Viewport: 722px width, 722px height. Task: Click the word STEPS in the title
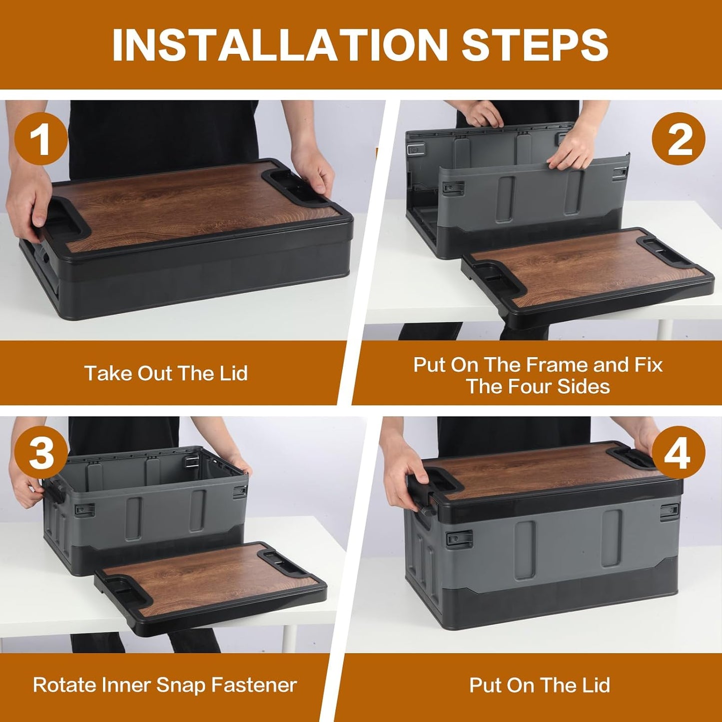(535, 44)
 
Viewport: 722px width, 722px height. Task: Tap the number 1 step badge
(41, 139)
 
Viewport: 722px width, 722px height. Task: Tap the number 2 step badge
(679, 139)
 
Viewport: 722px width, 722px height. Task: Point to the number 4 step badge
(679, 453)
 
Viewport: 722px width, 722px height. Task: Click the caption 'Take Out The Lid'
(166, 373)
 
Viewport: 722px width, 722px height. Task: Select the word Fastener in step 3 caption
(254, 686)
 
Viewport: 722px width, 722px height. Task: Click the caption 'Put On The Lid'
(540, 686)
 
